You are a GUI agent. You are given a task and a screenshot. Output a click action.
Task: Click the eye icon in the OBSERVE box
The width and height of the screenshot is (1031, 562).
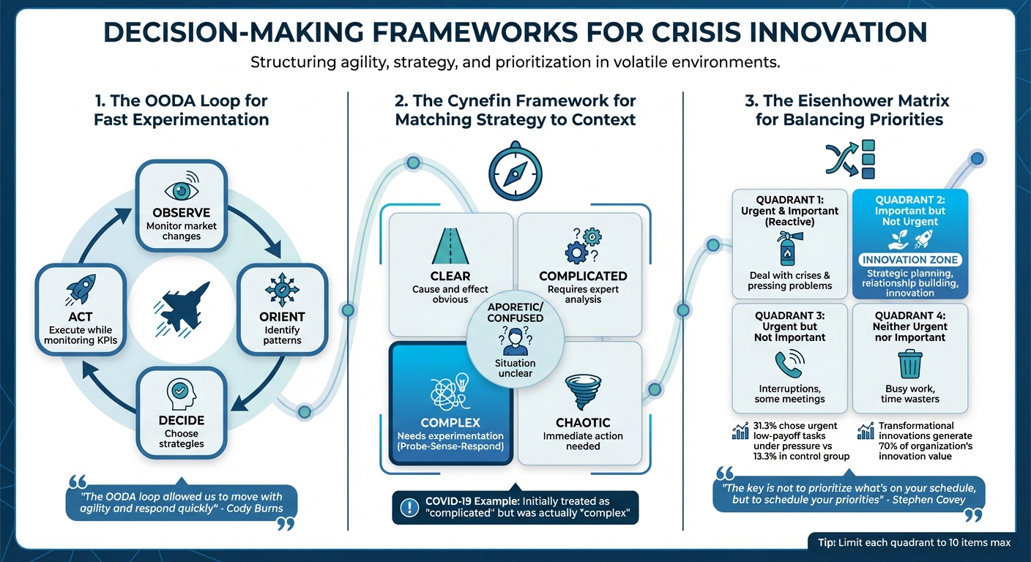[x=181, y=190]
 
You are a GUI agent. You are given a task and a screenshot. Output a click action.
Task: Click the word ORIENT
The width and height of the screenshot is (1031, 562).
[x=282, y=317]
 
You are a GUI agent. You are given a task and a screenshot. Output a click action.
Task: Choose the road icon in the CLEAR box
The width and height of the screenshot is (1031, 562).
[x=450, y=247]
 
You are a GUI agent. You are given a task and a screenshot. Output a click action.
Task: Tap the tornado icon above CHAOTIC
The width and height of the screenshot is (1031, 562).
[x=583, y=392]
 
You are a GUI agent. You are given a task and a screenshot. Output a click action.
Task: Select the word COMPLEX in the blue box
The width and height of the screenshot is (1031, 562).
[x=450, y=423]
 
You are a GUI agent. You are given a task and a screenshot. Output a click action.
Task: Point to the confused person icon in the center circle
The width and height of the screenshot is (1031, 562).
[x=515, y=340]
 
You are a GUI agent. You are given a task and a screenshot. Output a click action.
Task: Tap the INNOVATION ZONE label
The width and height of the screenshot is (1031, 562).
[x=910, y=260]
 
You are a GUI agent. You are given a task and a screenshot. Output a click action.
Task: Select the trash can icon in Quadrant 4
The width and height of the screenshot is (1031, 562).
[x=910, y=364]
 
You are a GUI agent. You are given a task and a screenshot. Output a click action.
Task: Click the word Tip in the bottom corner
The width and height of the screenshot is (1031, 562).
[x=827, y=542]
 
